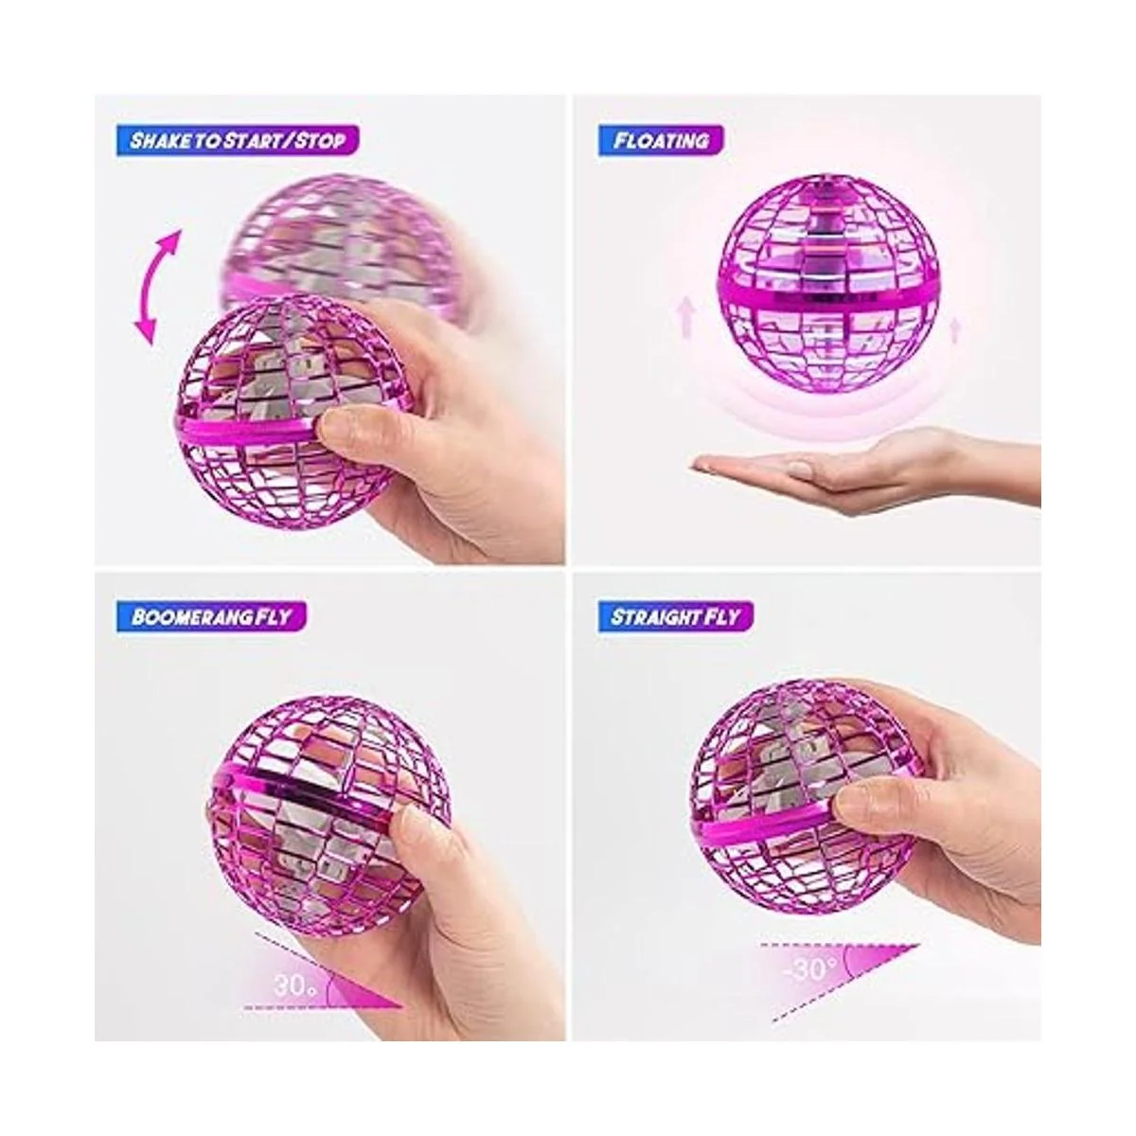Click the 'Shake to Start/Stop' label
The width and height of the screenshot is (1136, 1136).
(x=238, y=141)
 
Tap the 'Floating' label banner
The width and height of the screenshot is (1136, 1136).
(x=660, y=141)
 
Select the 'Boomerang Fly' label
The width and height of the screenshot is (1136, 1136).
(x=211, y=616)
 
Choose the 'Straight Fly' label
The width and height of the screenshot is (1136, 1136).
(x=676, y=616)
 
